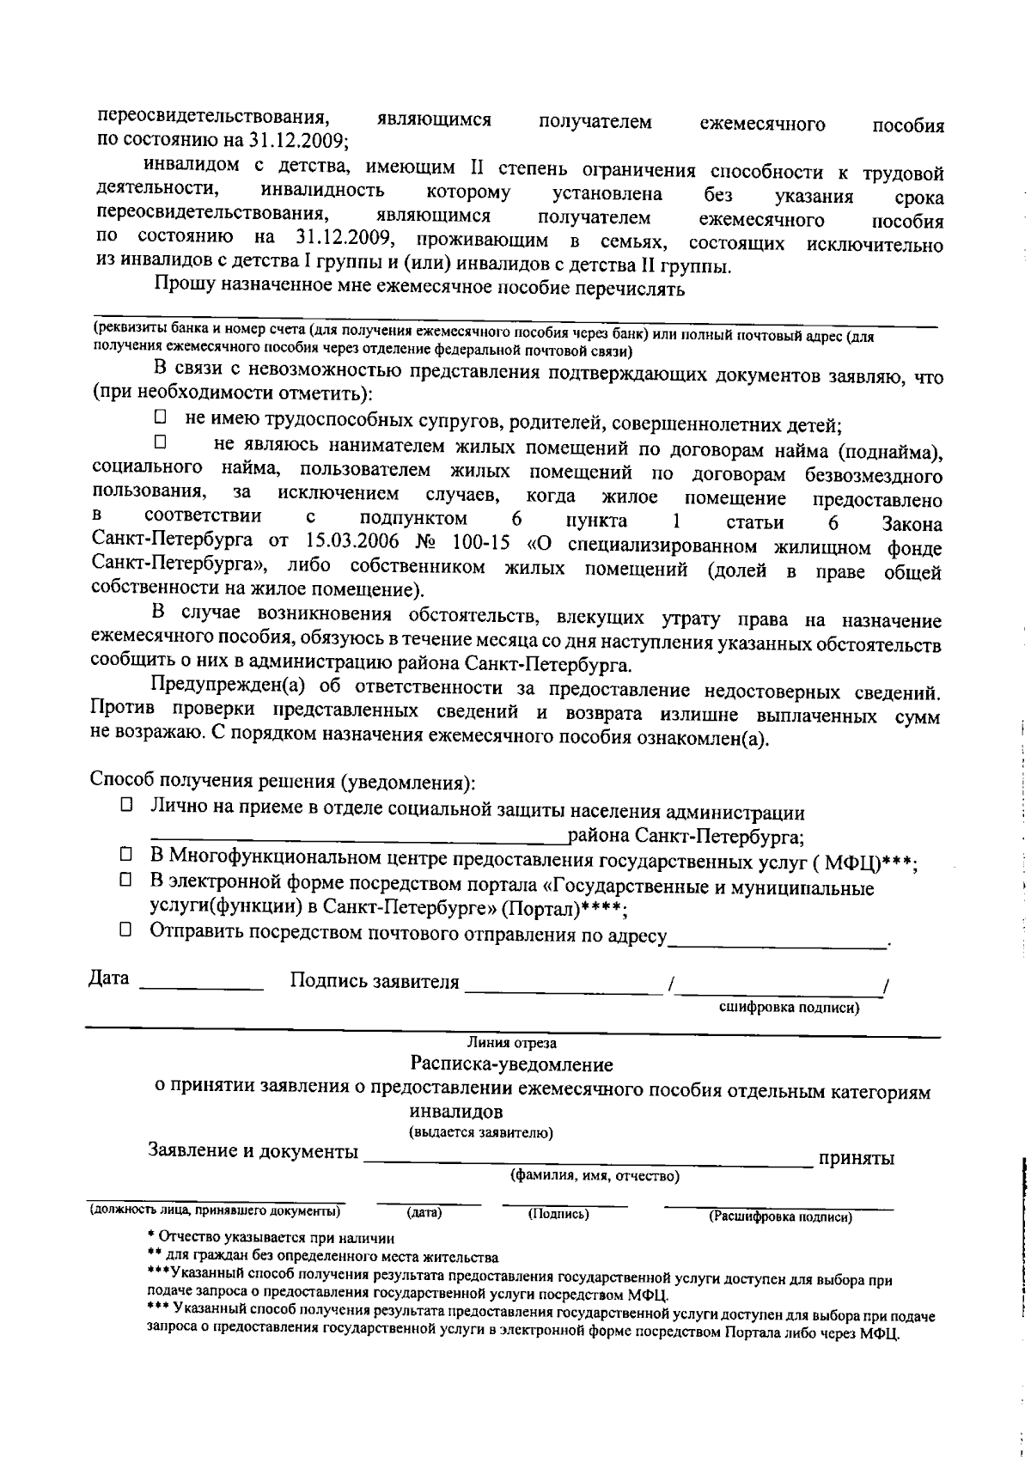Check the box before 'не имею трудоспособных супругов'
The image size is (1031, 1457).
[160, 418]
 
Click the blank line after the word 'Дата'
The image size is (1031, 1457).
[201, 985]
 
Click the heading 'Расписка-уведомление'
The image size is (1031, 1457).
[511, 1065]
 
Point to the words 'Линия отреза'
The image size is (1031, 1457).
[511, 1043]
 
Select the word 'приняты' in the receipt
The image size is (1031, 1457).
[857, 1158]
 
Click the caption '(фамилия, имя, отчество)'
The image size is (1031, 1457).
[595, 1176]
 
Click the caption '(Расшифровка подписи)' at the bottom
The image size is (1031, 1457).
[779, 1216]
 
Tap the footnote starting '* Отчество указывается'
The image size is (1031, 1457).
[271, 1238]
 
